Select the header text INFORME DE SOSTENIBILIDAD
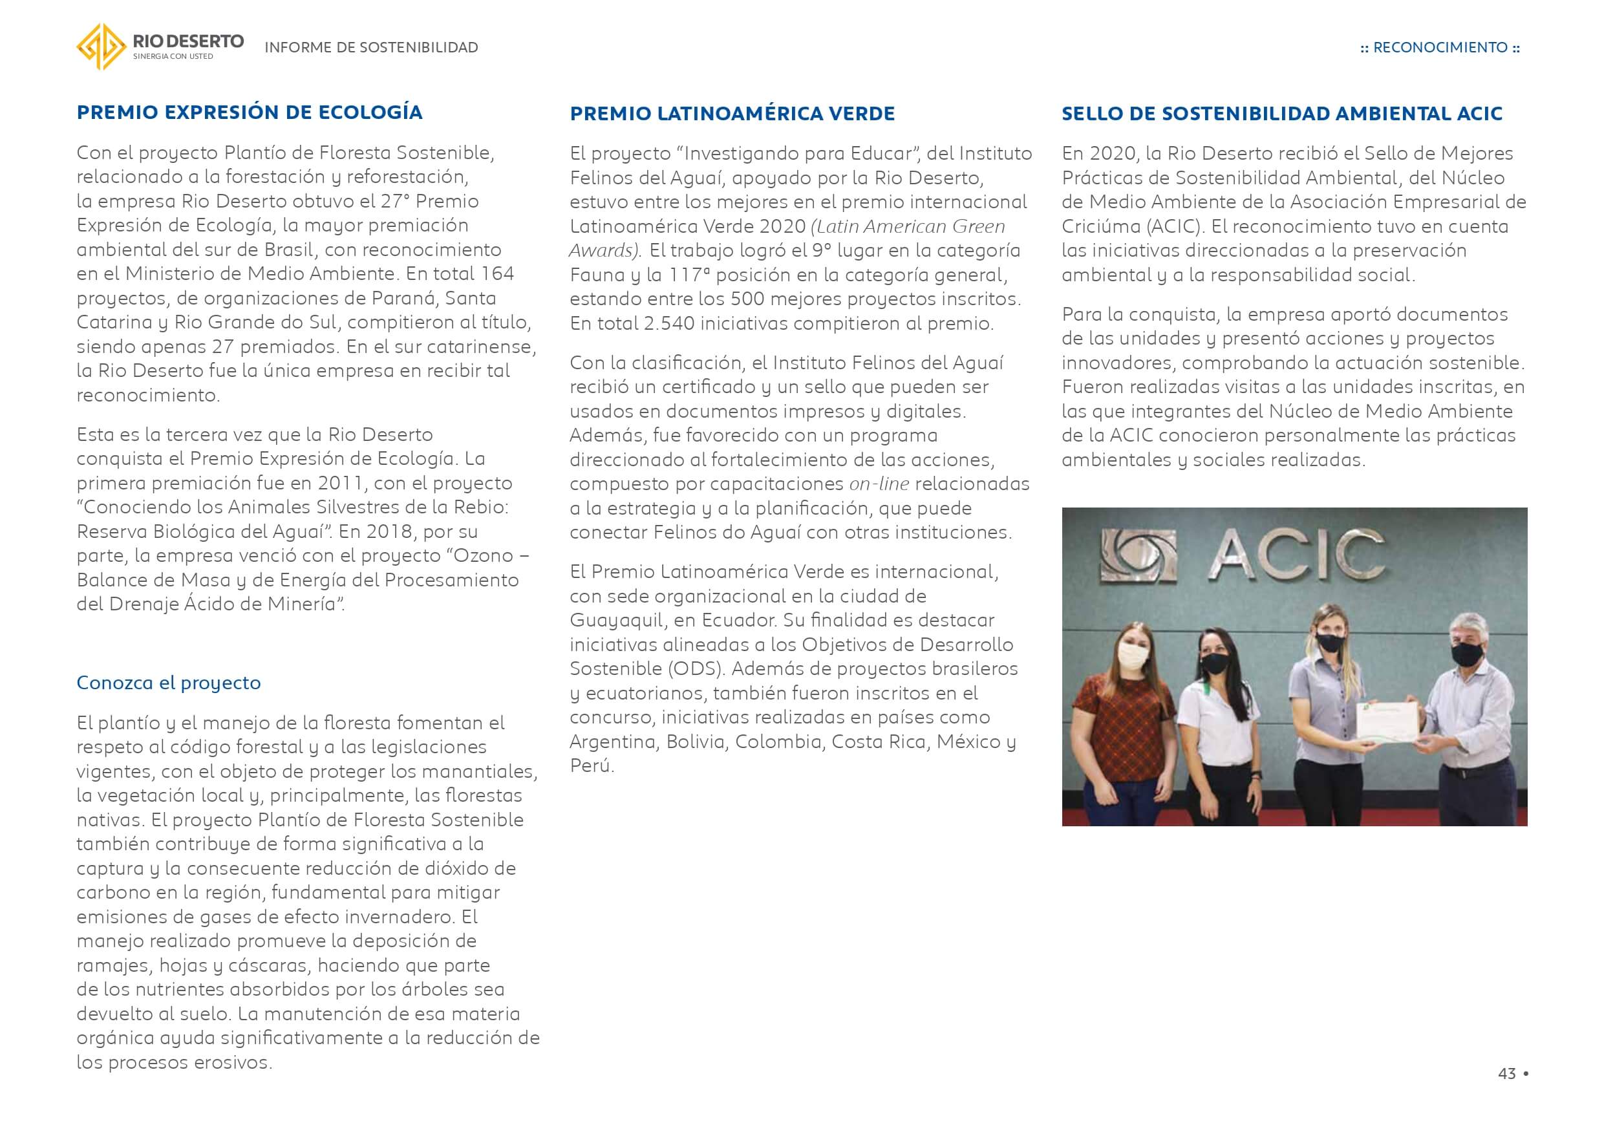pyautogui.click(x=371, y=47)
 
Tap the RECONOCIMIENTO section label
pyautogui.click(x=1440, y=47)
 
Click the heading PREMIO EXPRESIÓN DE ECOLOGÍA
pyautogui.click(x=250, y=112)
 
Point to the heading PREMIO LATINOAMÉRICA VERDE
pyautogui.click(x=732, y=114)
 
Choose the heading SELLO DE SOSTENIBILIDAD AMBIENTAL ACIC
pyautogui.click(x=1282, y=114)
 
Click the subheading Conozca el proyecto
pyautogui.click(x=168, y=683)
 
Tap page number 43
pyautogui.click(x=1507, y=1074)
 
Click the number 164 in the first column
pyautogui.click(x=497, y=274)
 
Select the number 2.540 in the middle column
pyautogui.click(x=667, y=323)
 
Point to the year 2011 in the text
pyautogui.click(x=340, y=483)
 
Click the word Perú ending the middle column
pyautogui.click(x=591, y=765)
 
